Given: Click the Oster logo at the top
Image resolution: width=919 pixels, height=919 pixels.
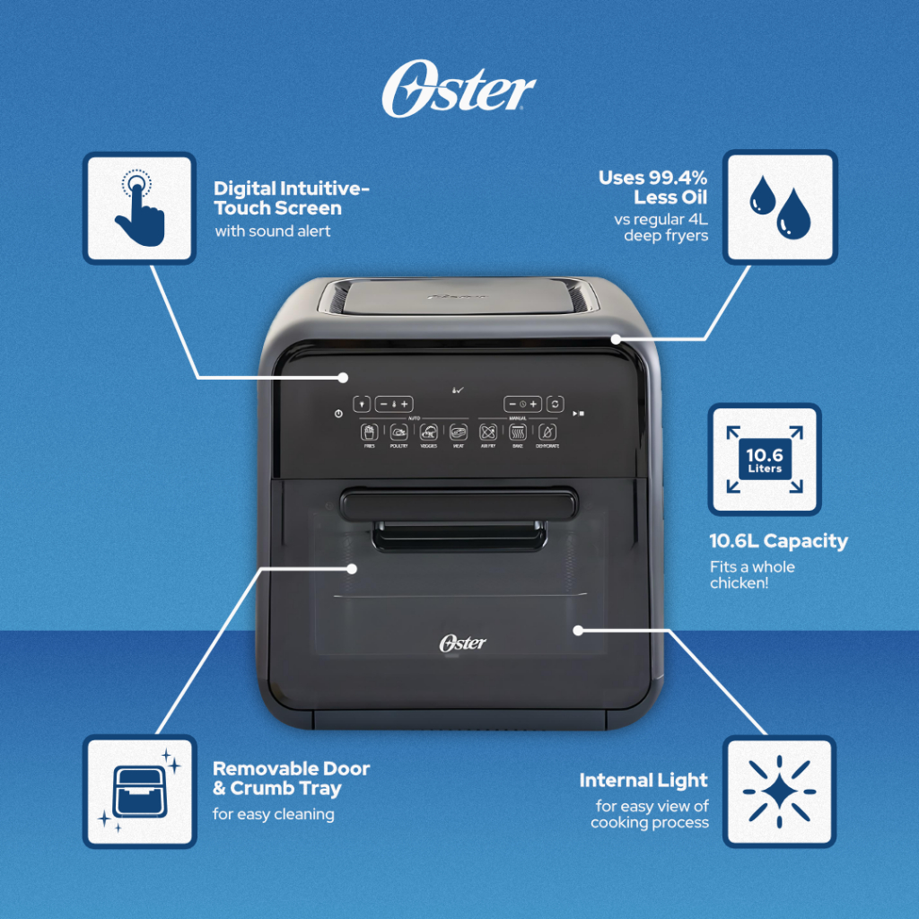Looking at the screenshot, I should click(x=458, y=91).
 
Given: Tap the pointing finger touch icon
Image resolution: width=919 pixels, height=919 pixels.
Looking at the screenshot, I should click(x=139, y=207).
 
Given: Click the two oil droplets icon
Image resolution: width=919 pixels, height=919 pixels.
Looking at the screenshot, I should click(x=779, y=207).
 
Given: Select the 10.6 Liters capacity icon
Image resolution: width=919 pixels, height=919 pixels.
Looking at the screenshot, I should click(x=764, y=459).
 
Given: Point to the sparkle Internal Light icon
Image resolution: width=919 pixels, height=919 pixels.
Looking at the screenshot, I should click(x=779, y=792).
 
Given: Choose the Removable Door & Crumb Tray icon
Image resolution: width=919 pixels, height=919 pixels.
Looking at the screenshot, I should click(x=139, y=792).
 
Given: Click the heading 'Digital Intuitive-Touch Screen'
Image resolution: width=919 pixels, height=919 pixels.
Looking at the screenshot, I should click(x=291, y=198).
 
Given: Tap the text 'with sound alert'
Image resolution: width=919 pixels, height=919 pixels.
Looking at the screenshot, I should click(x=273, y=232).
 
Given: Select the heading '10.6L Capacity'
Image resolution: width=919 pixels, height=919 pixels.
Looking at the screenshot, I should click(x=778, y=541).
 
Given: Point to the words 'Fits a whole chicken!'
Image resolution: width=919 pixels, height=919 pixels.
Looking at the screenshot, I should click(x=752, y=575).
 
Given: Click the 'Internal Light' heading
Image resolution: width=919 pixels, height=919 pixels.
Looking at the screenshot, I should click(x=643, y=780).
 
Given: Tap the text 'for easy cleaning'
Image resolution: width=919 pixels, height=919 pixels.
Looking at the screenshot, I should click(x=274, y=815).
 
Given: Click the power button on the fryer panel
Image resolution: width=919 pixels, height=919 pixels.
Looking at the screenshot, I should click(x=337, y=414).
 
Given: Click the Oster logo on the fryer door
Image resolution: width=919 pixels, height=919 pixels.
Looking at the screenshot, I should click(x=462, y=643).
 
